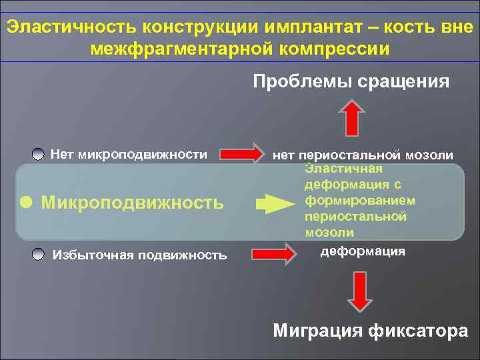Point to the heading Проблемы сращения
point(351,81)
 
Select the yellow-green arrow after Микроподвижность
point(270,203)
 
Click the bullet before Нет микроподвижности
point(39,154)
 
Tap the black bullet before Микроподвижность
point(26,202)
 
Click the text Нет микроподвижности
point(129,155)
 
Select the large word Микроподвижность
point(132,202)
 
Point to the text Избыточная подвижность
point(139,255)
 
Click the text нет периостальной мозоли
point(364,155)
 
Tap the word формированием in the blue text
point(359,200)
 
